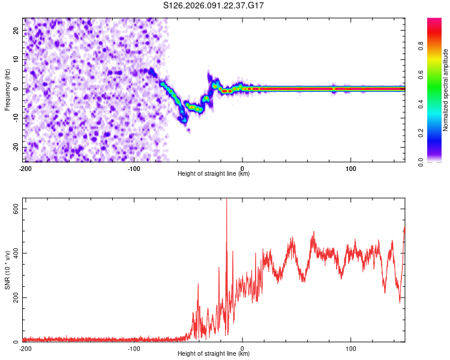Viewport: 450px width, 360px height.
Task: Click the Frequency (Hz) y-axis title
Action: tap(7, 89)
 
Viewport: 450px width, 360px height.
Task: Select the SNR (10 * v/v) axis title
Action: tap(7, 271)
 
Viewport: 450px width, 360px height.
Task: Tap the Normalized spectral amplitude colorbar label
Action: tap(445, 90)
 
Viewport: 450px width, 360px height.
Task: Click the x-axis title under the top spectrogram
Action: tap(214, 173)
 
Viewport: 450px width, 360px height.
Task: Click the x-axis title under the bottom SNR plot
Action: tap(214, 353)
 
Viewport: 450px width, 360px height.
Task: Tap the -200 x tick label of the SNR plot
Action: tap(25, 348)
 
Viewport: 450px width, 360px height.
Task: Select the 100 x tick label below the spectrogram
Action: tap(351, 168)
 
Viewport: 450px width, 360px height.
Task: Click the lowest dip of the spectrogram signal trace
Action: tap(185, 121)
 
